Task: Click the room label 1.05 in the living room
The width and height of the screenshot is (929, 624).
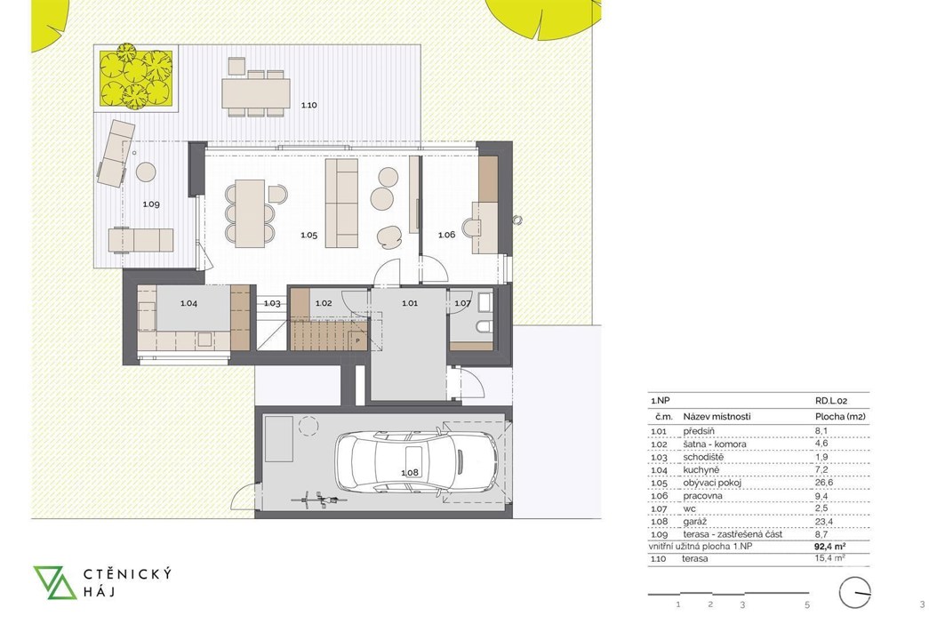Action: coord(308,236)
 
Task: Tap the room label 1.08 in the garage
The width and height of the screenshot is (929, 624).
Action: coord(410,473)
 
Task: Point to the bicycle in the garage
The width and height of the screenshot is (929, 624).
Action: coord(318,499)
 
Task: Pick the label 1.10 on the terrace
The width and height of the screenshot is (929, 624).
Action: coord(308,106)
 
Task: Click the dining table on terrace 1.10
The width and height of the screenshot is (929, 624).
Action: coord(256,93)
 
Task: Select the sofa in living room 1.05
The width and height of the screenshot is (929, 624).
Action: coord(342,203)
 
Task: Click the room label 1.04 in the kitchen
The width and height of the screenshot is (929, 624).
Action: coord(188,303)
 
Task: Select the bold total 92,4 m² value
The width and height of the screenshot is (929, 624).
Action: coord(830,547)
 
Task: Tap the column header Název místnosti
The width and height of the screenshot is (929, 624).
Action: coord(717,417)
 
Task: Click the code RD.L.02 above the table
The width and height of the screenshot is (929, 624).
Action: coord(831,401)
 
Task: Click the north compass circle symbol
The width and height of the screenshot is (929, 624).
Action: coord(855,593)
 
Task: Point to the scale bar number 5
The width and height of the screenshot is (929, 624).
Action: coord(807,605)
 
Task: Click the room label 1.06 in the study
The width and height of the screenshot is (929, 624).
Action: coord(447,236)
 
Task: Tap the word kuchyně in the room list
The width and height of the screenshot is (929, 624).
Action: coord(701,470)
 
